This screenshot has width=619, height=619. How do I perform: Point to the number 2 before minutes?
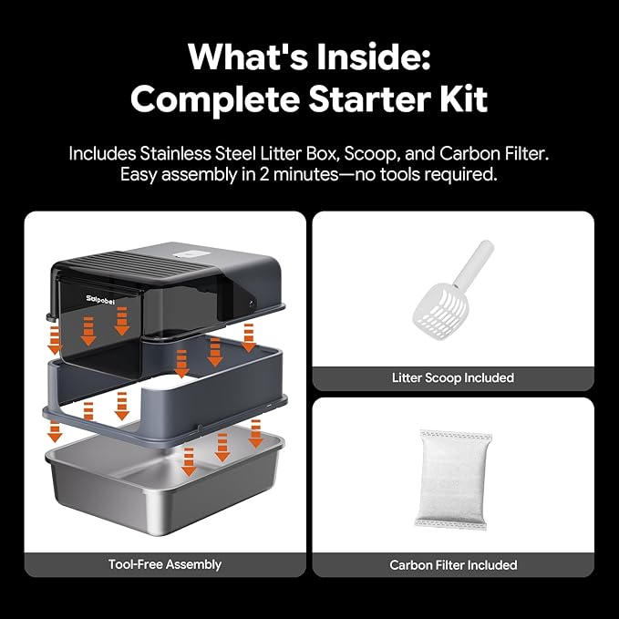point(264,174)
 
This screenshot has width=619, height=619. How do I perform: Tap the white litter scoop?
point(453,290)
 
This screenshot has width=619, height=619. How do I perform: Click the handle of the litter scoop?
point(474,263)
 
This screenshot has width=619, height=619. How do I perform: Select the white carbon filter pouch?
point(453,480)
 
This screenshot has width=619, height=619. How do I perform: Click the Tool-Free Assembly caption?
point(165,564)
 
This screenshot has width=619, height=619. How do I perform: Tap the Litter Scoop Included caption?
point(453,377)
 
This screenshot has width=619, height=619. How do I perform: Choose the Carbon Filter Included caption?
point(453,565)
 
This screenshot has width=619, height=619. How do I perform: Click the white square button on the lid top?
point(192,254)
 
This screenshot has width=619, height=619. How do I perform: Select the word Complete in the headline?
point(215,99)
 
